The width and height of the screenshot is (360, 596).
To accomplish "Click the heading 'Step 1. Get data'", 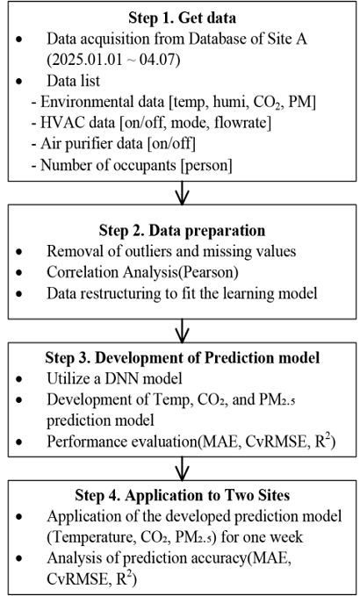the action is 182,18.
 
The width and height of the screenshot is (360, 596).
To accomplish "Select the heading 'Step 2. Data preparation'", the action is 182,230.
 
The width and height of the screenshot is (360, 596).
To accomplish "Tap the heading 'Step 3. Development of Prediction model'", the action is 182,357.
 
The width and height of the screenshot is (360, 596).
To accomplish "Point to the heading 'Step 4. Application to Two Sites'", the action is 182,495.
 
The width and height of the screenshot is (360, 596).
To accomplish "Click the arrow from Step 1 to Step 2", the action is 182,193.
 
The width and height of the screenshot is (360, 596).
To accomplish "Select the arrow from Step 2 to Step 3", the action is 182,331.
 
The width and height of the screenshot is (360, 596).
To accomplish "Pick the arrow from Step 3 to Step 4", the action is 182,469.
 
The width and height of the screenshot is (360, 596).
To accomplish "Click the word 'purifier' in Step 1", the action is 90,145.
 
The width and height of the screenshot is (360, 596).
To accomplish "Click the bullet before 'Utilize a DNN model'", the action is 19,379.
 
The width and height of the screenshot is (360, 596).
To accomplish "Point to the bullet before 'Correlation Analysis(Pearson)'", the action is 19,273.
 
